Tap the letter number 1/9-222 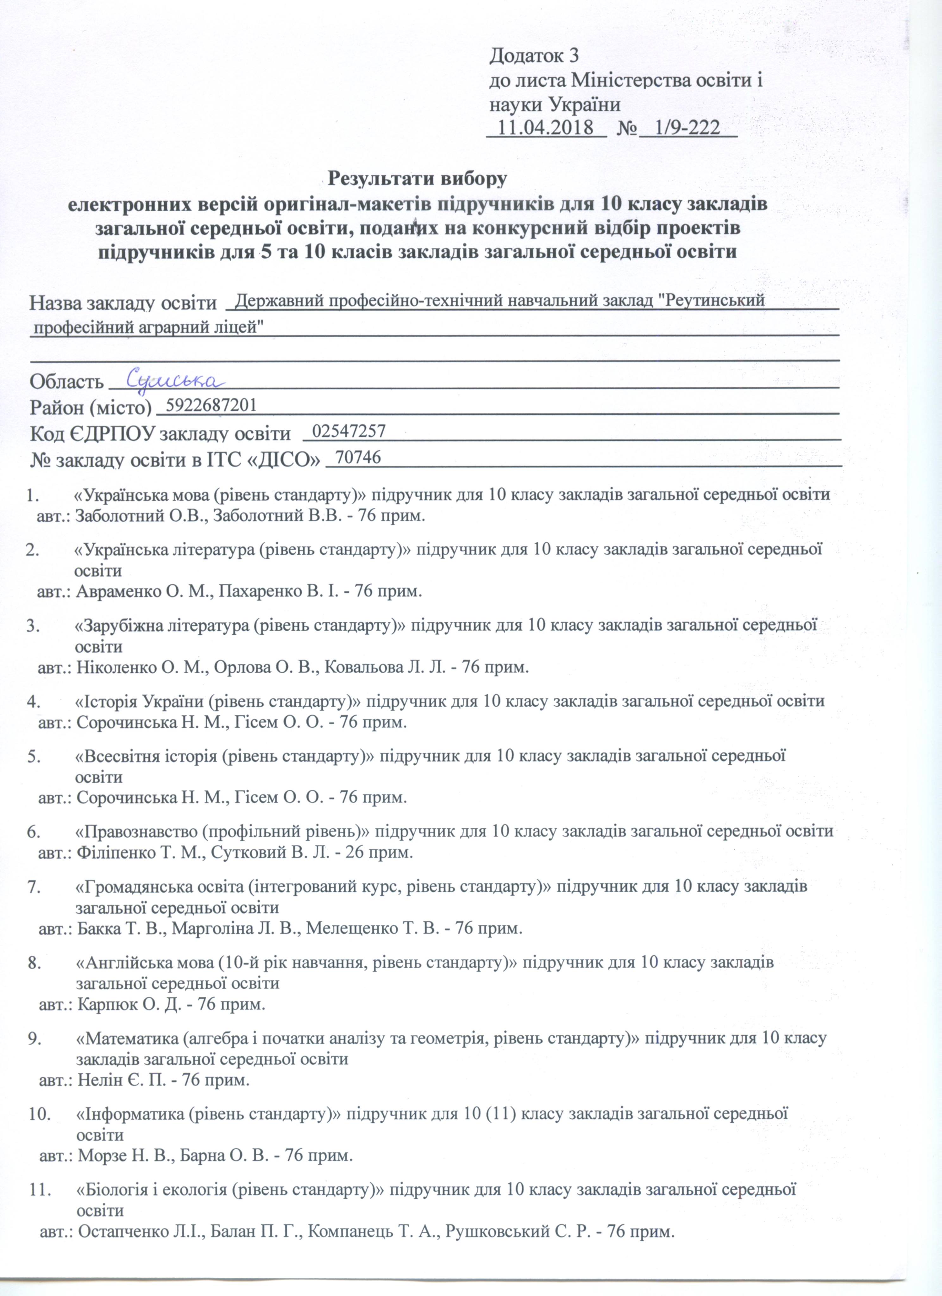tap(688, 128)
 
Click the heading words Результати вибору tap(417, 178)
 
